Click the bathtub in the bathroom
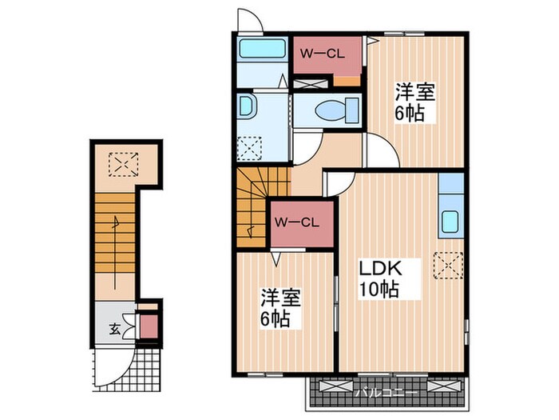point(263,48)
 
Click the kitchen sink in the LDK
point(450,222)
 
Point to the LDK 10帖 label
point(380,279)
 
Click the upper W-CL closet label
point(322,54)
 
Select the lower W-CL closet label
point(296,223)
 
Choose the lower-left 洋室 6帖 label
point(280,308)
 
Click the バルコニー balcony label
point(387,394)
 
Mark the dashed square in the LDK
point(448,266)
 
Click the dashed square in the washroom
point(249,148)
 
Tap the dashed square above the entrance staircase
point(123,164)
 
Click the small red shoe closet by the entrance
point(149,326)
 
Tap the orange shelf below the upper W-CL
point(347,81)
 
